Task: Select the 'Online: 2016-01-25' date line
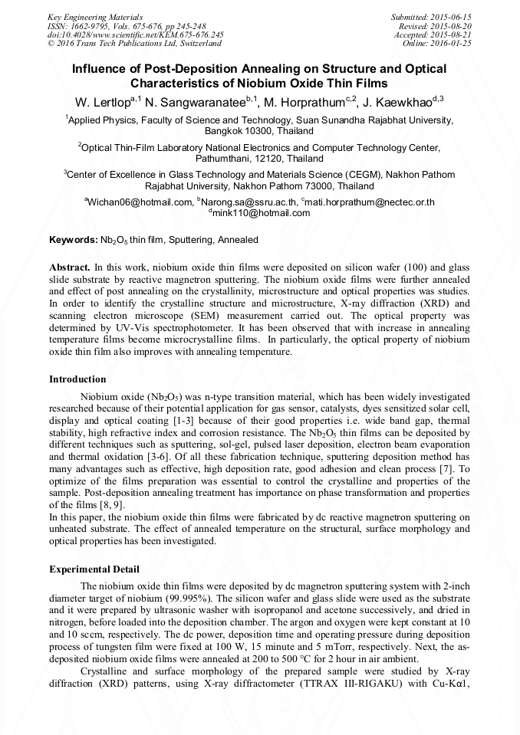[x=436, y=44]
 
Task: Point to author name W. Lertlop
[x=102, y=102]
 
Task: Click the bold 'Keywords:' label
[x=74, y=240]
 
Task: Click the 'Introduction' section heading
[x=77, y=379]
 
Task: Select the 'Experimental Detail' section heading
[x=94, y=569]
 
